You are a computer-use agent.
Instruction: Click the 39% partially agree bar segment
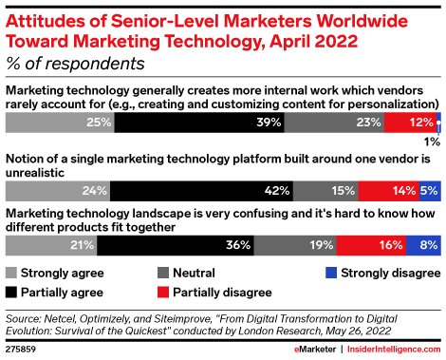tap(199, 123)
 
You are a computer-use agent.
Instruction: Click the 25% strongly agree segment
tap(60, 123)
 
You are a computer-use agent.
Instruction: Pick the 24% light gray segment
tap(58, 190)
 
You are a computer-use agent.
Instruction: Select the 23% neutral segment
tap(334, 123)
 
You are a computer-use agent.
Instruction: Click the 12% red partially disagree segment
tap(410, 123)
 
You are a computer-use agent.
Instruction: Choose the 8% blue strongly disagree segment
tap(423, 245)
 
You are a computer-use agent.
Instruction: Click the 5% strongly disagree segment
tap(430, 190)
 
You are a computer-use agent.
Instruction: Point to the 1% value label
tap(431, 142)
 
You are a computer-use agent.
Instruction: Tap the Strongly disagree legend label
tap(383, 273)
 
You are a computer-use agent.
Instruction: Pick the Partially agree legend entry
tap(59, 292)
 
